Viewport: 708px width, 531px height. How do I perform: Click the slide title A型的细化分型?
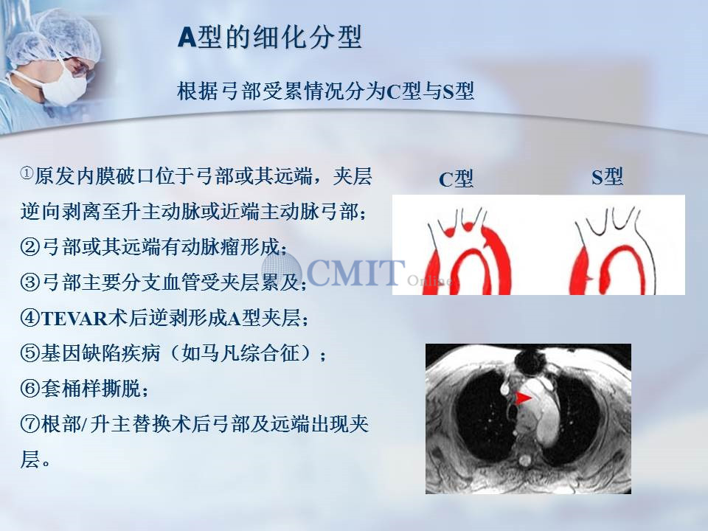click(270, 37)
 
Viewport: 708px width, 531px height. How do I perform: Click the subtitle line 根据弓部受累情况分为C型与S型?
click(325, 91)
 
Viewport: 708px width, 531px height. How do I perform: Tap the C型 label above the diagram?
click(456, 178)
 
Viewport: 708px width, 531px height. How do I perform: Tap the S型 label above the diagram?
click(607, 176)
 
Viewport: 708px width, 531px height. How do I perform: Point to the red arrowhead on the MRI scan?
click(524, 398)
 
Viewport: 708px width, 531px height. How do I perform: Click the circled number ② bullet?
click(30, 246)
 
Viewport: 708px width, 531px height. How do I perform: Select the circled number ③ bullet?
click(30, 282)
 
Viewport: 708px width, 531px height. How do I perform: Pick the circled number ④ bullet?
click(30, 318)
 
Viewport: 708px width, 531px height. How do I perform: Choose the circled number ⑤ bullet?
click(30, 353)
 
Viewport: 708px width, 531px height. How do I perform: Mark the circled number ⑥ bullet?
click(30, 389)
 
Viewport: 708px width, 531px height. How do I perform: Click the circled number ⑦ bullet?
click(30, 424)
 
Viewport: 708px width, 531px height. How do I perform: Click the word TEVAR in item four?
click(74, 319)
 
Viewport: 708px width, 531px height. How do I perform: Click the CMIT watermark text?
click(355, 272)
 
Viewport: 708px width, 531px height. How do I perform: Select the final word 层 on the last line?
click(29, 459)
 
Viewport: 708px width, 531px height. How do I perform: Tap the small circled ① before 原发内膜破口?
click(27, 173)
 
